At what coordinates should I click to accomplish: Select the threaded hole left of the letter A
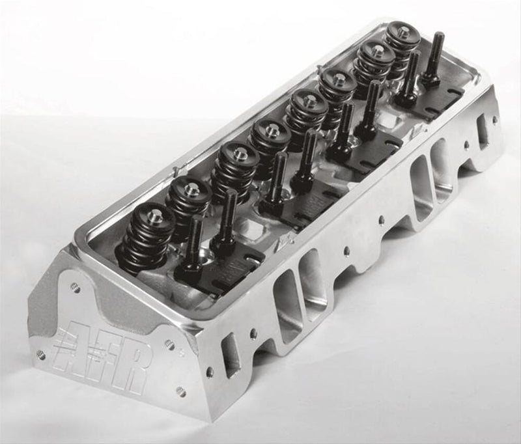pyautogui.click(x=41, y=355)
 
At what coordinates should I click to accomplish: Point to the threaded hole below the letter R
pyautogui.click(x=180, y=391)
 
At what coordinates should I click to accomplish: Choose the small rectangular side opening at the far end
pyautogui.click(x=483, y=132)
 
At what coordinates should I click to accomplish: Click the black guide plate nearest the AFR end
pyautogui.click(x=221, y=266)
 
